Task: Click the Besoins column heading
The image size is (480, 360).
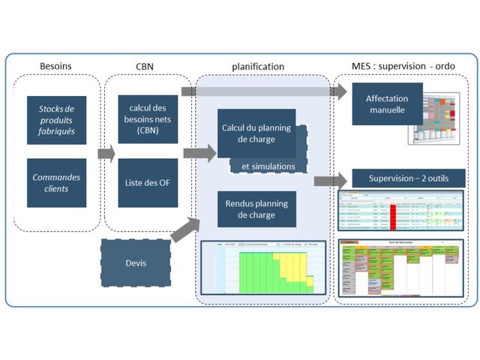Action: click(x=55, y=66)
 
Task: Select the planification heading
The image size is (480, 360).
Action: click(x=258, y=66)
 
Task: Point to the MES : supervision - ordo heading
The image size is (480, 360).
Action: click(x=403, y=66)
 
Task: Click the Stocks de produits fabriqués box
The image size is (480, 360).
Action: click(x=56, y=120)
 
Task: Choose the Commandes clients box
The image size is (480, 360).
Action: click(x=56, y=183)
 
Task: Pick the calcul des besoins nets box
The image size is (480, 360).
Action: click(x=148, y=119)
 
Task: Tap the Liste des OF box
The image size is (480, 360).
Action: click(x=148, y=182)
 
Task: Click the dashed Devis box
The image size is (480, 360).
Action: click(x=136, y=263)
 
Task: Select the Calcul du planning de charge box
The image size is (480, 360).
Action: click(x=256, y=133)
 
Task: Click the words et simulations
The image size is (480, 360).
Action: click(x=268, y=166)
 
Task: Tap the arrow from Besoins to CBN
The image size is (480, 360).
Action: click(x=106, y=154)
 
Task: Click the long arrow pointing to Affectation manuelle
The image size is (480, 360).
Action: click(x=262, y=91)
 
